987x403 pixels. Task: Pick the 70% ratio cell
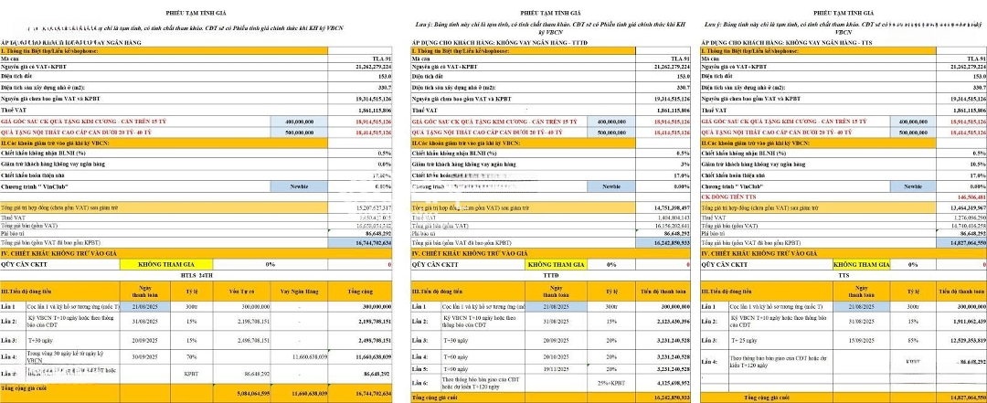tap(193, 357)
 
